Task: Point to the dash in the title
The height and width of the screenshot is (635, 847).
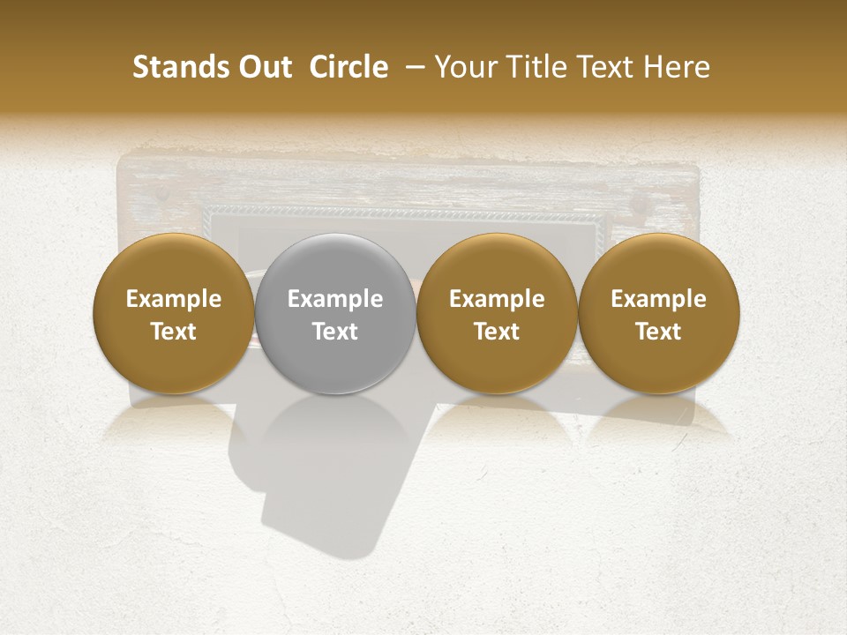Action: (x=411, y=67)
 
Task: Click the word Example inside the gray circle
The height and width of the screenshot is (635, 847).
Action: (x=335, y=299)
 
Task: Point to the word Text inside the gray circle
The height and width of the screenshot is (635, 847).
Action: (x=335, y=332)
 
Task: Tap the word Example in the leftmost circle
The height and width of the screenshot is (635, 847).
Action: (x=174, y=299)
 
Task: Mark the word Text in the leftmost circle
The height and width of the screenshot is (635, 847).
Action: (x=174, y=332)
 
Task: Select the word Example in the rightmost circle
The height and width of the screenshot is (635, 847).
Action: (x=659, y=299)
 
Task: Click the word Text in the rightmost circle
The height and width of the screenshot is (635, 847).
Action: (x=659, y=332)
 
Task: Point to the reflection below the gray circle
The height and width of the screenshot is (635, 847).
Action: (x=335, y=423)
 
